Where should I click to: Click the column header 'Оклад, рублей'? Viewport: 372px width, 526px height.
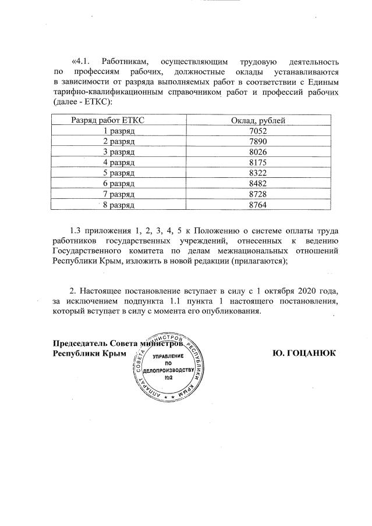pos(257,120)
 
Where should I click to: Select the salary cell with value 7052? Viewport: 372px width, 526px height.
pos(257,131)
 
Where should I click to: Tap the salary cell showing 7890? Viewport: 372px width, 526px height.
pos(257,141)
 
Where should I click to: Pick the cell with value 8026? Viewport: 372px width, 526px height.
pos(257,152)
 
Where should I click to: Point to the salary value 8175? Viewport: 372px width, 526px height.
pos(257,162)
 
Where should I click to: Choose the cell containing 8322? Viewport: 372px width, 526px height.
pos(257,173)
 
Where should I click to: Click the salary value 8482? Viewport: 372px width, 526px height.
pos(257,183)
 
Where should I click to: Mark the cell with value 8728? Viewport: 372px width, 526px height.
pos(257,194)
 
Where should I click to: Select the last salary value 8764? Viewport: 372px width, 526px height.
pos(257,204)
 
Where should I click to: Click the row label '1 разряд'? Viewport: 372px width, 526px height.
pos(119,131)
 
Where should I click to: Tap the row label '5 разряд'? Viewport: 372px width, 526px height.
pos(119,173)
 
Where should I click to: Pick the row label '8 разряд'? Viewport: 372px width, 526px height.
pos(119,204)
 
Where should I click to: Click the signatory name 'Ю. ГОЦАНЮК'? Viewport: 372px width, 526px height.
pos(304,353)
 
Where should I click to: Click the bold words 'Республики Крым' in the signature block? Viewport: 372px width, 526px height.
pos(90,353)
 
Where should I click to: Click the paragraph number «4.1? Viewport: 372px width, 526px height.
pos(82,61)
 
